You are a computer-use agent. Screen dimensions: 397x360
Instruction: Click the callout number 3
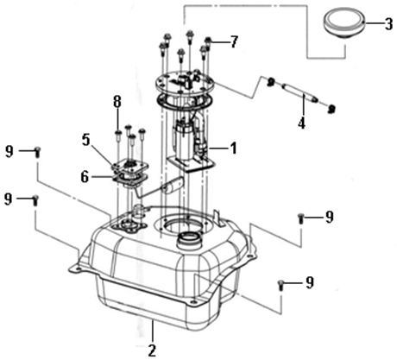point(388,24)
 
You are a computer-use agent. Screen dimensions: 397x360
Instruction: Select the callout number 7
point(234,42)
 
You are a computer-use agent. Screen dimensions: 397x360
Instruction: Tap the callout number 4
point(301,123)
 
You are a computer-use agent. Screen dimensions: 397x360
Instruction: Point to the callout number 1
point(233,148)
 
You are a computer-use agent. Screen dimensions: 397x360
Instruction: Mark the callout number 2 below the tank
point(152,351)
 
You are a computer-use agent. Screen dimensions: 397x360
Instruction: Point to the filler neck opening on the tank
point(190,241)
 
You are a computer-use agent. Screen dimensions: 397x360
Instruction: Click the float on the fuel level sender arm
point(172,185)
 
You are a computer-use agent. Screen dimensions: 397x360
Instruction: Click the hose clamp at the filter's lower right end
point(331,109)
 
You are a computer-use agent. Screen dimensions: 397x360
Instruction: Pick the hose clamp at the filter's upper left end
point(270,82)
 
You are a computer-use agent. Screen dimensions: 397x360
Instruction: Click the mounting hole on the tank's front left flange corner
point(78,269)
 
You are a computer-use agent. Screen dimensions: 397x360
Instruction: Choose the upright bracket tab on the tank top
point(218,218)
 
